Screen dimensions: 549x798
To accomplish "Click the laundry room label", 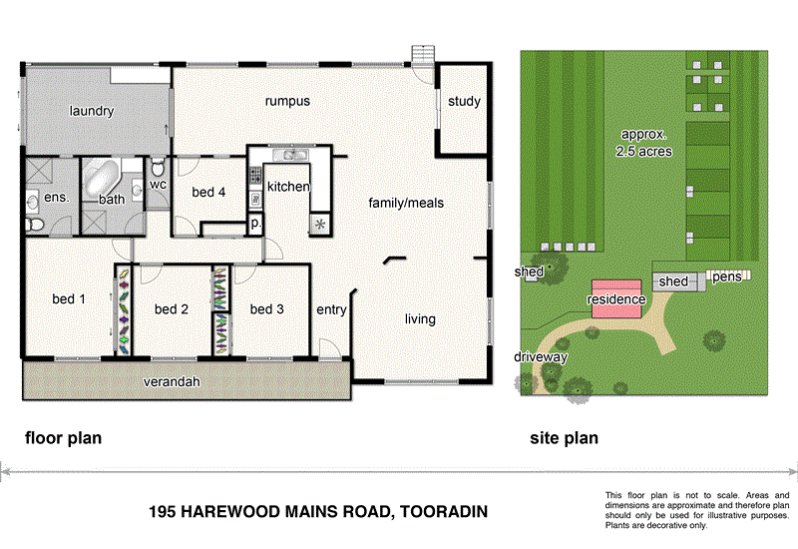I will [92, 112].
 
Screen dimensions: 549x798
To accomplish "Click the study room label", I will [464, 101].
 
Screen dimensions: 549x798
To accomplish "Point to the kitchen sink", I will [294, 155].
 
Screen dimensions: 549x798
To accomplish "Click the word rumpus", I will [287, 101].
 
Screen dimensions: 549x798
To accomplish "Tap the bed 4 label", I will [208, 192].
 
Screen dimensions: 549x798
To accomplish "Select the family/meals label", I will [406, 203].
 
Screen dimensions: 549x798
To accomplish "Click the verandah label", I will [171, 382].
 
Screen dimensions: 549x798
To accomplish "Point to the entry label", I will [331, 310].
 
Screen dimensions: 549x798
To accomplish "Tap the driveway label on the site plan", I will [541, 356].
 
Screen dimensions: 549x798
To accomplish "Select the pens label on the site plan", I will [726, 276].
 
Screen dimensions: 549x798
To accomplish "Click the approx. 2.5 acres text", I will [646, 143].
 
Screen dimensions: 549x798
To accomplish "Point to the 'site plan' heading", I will [563, 437].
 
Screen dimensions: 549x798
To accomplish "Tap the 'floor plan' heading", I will [63, 437].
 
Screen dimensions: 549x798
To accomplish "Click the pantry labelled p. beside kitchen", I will [255, 224].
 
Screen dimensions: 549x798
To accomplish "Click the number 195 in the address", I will [163, 512].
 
